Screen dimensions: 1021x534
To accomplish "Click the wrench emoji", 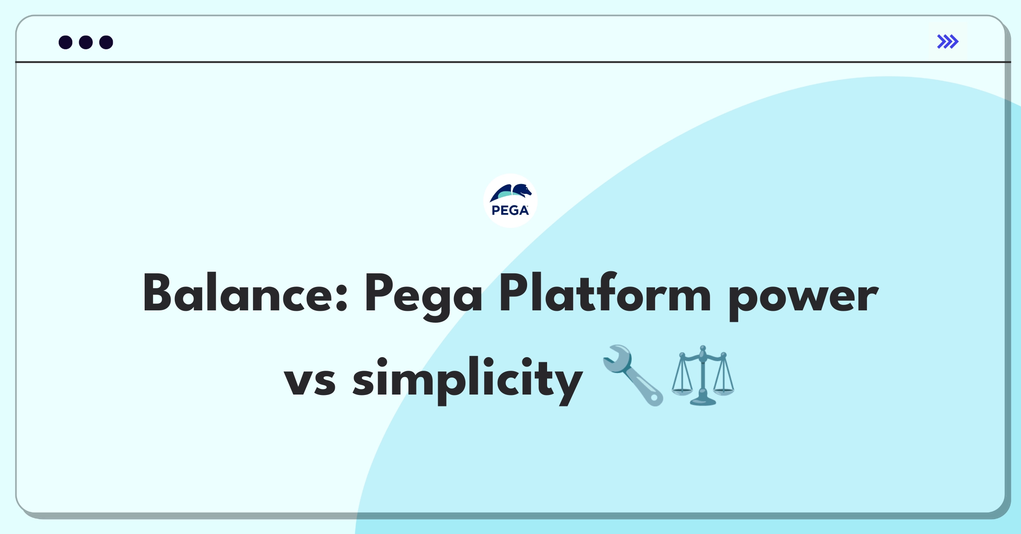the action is pos(633,375).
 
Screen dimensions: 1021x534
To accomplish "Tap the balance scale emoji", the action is pos(703,375).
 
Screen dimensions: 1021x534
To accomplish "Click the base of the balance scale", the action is pos(703,401).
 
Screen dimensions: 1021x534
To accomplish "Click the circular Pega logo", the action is pos(510,201).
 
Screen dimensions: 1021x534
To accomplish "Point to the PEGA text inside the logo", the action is pos(510,210).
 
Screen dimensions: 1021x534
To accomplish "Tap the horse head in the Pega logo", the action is pos(522,190).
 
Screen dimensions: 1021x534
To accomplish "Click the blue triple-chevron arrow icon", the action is pos(948,42).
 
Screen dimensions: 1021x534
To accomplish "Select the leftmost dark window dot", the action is pos(66,42).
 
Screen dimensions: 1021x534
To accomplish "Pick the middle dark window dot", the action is pos(86,42).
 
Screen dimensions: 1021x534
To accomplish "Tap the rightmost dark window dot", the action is pos(106,42).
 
